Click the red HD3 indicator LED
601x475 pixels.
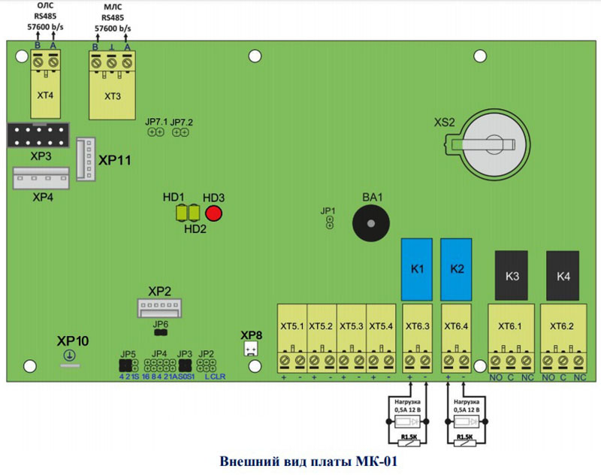pos(215,213)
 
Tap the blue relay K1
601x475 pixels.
pos(417,268)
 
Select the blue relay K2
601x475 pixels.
pos(457,268)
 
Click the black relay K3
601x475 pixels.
pos(513,275)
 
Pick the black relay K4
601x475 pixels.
pos(563,275)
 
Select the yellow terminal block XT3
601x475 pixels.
pos(112,89)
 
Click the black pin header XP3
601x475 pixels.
pos(38,136)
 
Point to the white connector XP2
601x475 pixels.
pos(159,308)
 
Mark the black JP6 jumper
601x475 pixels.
pos(160,331)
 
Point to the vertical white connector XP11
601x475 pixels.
pos(85,159)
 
